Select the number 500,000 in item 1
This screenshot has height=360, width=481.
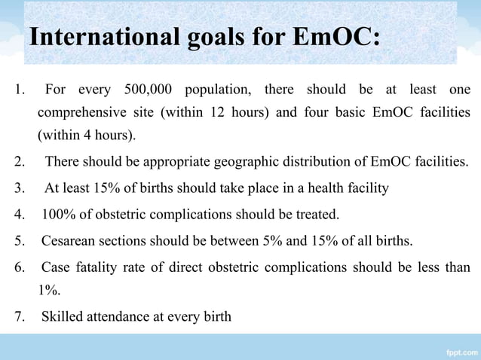pyautogui.click(x=139, y=90)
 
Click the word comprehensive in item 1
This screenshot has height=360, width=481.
pyautogui.click(x=84, y=113)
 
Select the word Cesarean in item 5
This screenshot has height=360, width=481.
pyautogui.click(x=67, y=242)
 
